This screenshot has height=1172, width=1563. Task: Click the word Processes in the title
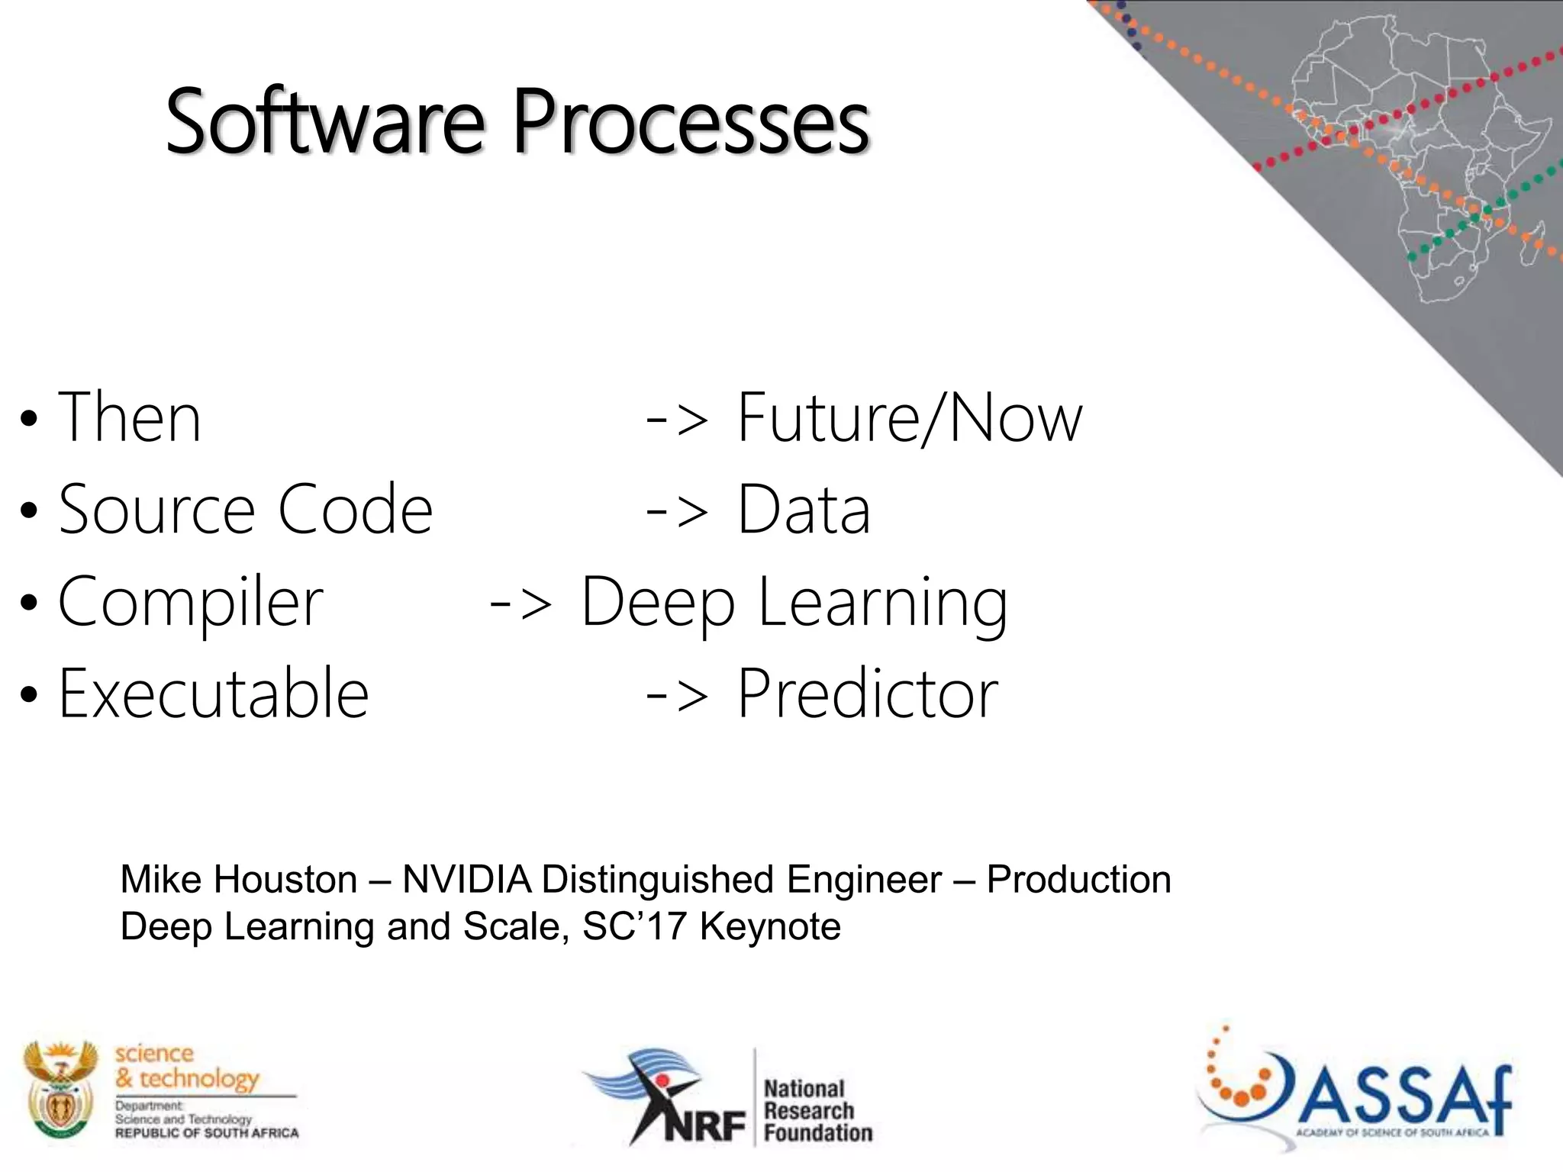pos(691,122)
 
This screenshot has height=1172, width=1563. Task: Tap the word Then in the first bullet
pos(130,417)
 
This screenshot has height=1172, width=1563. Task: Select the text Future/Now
pos(908,417)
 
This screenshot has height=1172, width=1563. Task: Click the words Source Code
pos(246,510)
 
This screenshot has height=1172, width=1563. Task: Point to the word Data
pos(803,510)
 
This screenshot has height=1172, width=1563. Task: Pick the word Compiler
pos(191,603)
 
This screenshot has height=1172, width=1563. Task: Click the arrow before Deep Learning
pos(520,603)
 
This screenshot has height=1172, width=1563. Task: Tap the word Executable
pos(214,694)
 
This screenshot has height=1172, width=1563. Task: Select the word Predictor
pos(867,694)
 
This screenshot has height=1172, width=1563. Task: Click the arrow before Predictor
pos(676,694)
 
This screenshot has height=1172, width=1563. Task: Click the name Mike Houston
pos(239,880)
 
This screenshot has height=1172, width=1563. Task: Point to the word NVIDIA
pos(466,880)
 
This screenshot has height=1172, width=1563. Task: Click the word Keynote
pos(770,927)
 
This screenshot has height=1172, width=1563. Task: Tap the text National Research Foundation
pos(817,1110)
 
